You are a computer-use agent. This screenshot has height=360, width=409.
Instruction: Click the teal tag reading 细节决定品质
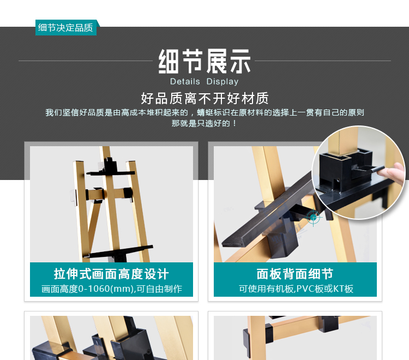pos(65,28)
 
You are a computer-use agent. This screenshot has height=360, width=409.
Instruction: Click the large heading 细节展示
pos(204,62)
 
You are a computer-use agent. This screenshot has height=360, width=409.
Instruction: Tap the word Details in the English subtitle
pos(185,82)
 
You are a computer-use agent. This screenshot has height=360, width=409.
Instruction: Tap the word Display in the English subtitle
pos(222,82)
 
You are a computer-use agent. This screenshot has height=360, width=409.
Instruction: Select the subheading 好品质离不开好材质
pos(204,99)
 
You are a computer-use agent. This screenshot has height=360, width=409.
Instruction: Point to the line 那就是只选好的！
pos(204,123)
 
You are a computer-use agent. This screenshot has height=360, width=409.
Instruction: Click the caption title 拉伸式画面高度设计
pos(111,274)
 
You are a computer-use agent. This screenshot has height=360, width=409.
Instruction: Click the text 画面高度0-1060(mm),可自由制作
pos(111,289)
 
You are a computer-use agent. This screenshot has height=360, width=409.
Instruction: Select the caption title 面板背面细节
pos(294,274)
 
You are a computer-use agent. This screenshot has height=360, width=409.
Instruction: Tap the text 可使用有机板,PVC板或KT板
pos(294,289)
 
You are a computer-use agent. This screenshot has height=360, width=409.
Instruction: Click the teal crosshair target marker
pos(314,217)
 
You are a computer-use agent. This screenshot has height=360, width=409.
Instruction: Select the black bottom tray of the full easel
pos(120,254)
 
